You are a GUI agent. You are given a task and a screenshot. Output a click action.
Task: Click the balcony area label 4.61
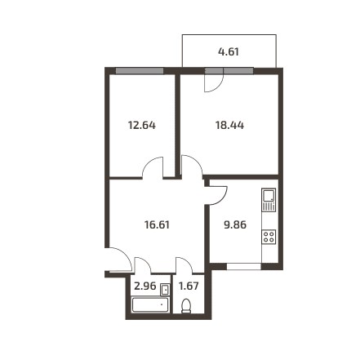tap(229, 51)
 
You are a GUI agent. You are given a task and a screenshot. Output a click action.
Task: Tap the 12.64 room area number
tap(142, 126)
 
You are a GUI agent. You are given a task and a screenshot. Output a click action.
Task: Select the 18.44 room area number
tap(229, 126)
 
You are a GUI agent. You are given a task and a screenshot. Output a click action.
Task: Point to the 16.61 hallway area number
tap(157, 225)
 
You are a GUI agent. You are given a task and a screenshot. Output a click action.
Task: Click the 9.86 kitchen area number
tap(235, 225)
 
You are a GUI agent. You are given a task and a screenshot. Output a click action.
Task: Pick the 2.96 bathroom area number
tap(145, 286)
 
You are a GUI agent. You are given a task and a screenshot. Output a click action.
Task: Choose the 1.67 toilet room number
tap(189, 286)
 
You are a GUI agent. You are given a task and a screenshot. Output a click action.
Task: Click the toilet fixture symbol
tap(186, 306)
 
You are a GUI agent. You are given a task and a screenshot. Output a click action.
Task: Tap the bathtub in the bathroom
tap(150, 304)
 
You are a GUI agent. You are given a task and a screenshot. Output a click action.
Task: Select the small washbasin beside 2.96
tap(165, 290)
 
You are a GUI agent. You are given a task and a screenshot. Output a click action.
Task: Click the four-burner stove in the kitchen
tap(269, 237)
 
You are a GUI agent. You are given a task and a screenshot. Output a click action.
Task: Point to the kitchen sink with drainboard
tap(269, 200)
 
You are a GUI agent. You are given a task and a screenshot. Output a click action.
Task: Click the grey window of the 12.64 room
tap(140, 71)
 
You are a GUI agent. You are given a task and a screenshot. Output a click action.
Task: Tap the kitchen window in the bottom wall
tap(244, 266)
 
